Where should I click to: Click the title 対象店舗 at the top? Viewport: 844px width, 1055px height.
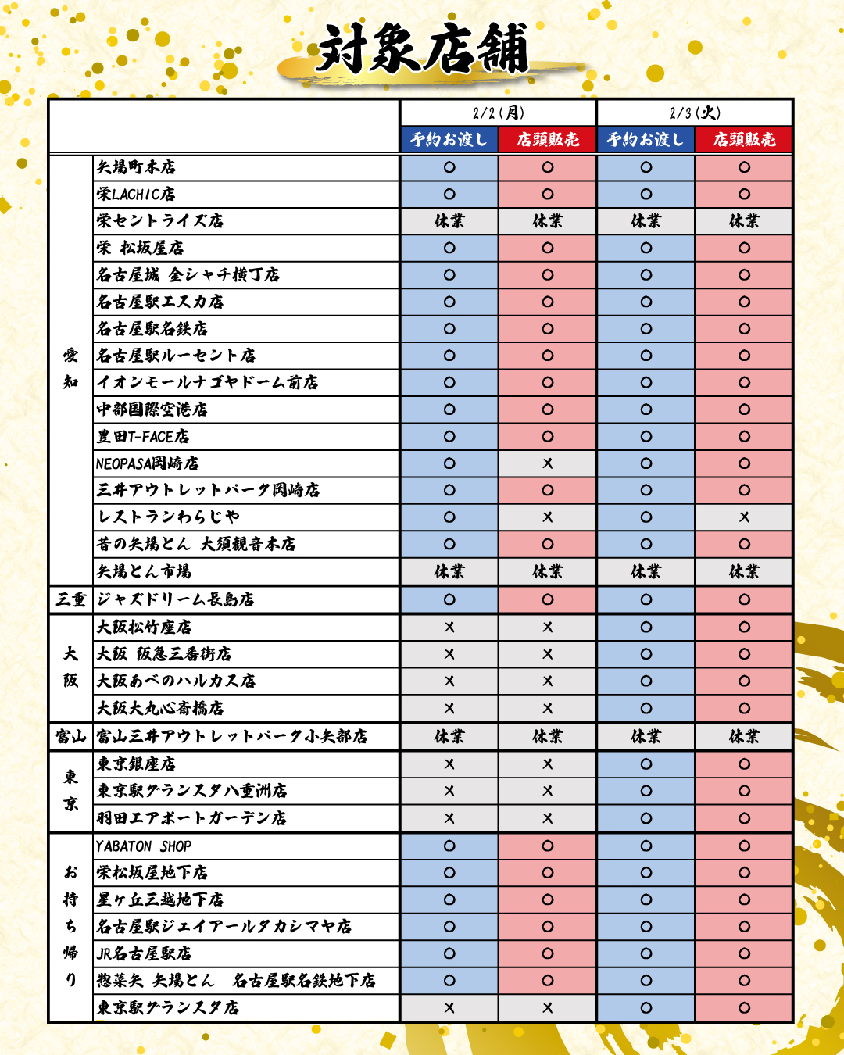click(x=423, y=48)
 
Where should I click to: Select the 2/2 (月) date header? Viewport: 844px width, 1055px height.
click(x=499, y=113)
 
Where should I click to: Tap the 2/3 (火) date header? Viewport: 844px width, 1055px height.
click(x=695, y=113)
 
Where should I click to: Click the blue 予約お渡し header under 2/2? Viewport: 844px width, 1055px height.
click(x=449, y=140)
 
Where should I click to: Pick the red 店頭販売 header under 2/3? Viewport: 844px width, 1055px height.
click(x=744, y=140)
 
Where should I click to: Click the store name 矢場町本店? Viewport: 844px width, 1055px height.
click(x=136, y=167)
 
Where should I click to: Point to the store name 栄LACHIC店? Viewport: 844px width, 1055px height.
click(x=136, y=195)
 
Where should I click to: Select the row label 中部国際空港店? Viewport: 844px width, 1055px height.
click(x=152, y=409)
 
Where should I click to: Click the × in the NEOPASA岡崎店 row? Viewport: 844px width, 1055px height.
click(x=547, y=463)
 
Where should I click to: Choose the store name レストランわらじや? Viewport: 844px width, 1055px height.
click(x=168, y=517)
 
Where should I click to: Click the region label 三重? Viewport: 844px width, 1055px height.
click(x=71, y=600)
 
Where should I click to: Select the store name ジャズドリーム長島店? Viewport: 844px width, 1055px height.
click(x=175, y=600)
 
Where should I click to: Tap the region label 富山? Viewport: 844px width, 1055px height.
click(x=71, y=737)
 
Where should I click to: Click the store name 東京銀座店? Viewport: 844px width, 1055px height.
click(x=136, y=764)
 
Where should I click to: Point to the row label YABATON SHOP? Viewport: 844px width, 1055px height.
click(x=144, y=846)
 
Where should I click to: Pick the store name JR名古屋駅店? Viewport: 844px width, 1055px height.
click(x=144, y=953)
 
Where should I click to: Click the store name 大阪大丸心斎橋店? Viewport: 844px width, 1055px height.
click(x=160, y=709)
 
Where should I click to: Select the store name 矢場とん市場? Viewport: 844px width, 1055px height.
click(x=144, y=572)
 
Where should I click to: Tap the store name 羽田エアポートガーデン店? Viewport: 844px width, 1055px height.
click(x=191, y=818)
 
